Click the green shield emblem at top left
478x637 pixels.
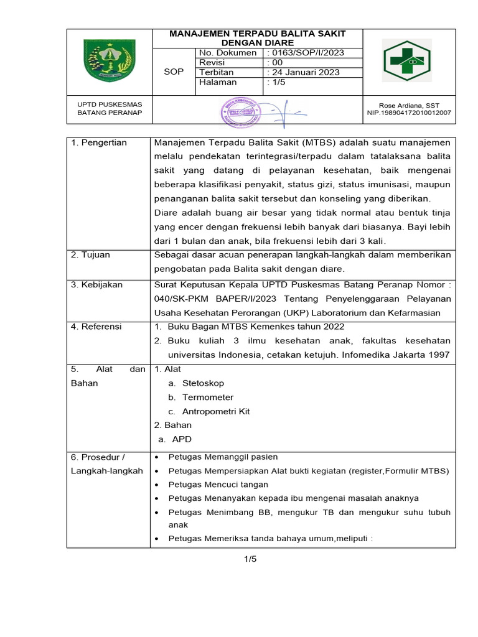pos(109,62)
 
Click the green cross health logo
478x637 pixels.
pos(409,63)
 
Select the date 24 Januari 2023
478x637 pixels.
pos(303,72)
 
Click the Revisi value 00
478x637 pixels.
pos(274,63)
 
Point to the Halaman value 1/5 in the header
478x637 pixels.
pos(276,82)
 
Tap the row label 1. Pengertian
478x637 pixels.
pos(99,143)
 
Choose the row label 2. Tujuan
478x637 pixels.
pos(91,255)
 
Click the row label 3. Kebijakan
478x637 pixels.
pos(96,284)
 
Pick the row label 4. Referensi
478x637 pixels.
pos(96,327)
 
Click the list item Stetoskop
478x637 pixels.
pos(203,383)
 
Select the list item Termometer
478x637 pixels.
pos(208,398)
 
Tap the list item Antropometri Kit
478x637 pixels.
pos(215,411)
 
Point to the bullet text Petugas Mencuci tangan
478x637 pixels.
pos(218,485)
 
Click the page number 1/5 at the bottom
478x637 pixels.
pos(250,559)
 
